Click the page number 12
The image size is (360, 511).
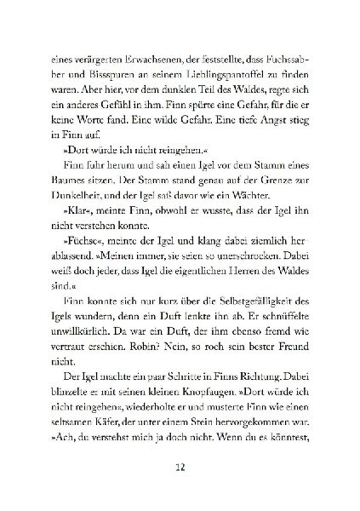click(180, 469)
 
